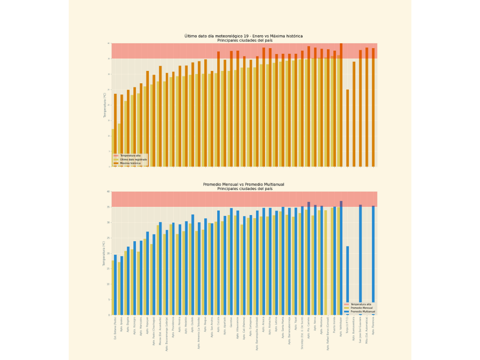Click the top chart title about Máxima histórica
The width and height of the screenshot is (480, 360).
244,36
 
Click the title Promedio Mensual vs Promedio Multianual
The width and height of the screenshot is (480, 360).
244,185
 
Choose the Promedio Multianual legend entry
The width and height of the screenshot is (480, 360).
363,311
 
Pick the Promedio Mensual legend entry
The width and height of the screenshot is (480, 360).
361,308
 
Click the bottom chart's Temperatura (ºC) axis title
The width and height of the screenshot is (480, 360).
104,253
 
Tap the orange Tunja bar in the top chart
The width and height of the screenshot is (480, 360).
348,128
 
